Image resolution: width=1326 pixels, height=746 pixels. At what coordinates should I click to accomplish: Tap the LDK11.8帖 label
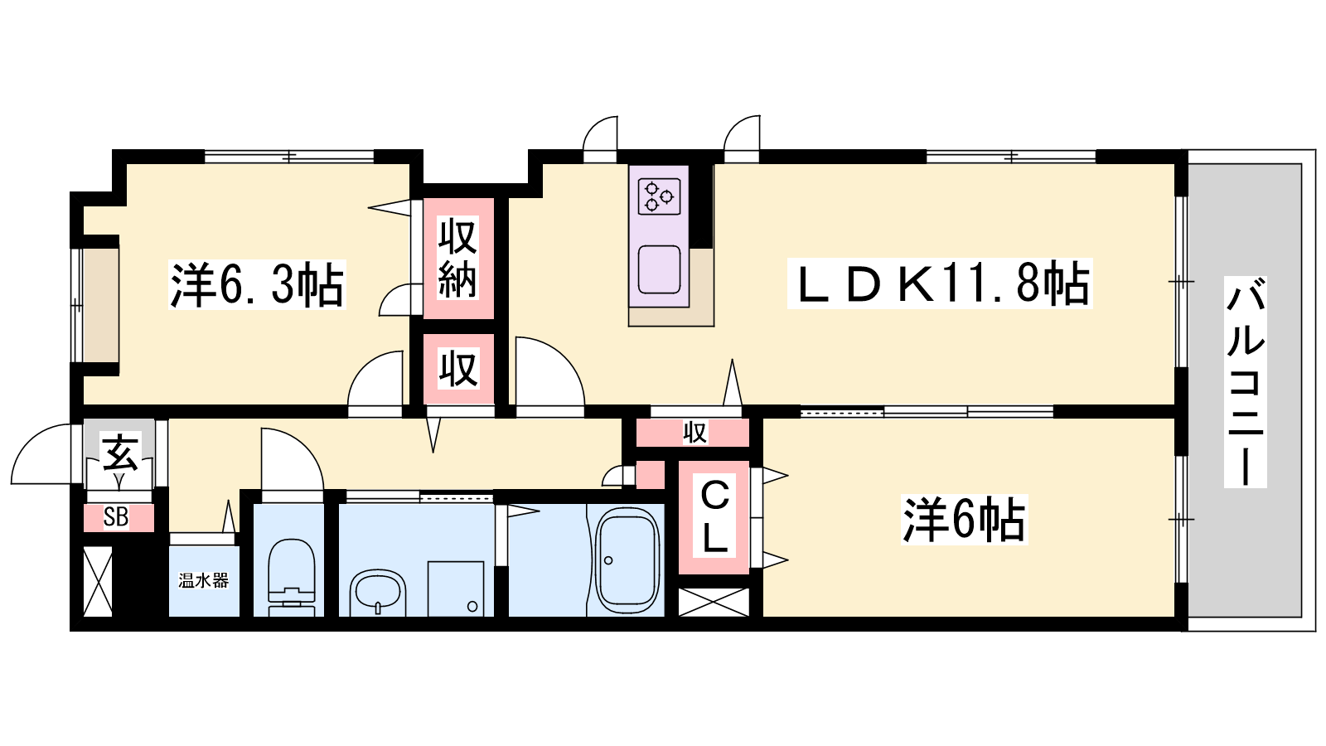tap(940, 283)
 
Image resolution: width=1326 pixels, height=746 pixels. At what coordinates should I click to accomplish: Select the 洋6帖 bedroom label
tap(964, 520)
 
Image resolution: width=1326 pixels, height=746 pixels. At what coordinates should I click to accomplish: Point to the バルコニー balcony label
tap(1245, 382)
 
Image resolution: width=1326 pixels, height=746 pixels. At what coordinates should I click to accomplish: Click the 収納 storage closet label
tap(457, 258)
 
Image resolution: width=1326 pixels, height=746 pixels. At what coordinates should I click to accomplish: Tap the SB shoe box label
tap(116, 517)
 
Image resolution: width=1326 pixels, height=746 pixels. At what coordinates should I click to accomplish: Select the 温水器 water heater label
tap(203, 581)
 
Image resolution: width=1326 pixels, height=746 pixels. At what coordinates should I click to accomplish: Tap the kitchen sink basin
tap(660, 269)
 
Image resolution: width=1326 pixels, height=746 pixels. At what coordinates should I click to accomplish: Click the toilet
tap(292, 576)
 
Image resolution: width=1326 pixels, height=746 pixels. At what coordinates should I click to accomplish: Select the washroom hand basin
tap(378, 592)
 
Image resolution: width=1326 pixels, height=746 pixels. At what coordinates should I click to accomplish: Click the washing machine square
tap(455, 589)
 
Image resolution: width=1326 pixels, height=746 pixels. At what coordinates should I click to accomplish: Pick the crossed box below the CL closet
tap(714, 602)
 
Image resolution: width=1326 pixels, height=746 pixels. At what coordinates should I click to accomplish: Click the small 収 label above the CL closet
tap(694, 432)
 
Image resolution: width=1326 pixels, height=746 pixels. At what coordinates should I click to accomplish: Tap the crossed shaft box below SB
tap(98, 581)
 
